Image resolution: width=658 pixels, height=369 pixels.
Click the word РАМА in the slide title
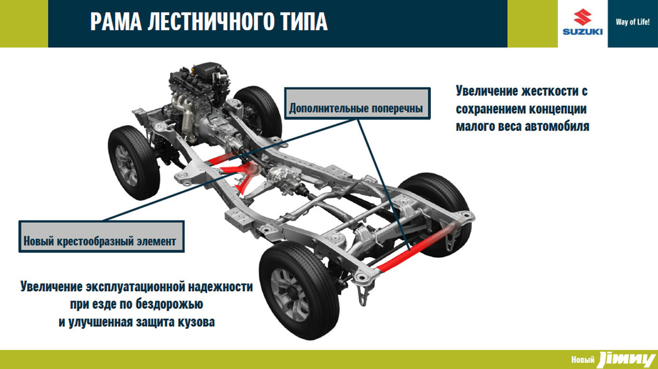tap(115, 22)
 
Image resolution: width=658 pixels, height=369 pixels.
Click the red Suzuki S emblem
tap(583, 17)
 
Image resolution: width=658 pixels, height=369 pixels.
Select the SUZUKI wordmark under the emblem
tap(583, 32)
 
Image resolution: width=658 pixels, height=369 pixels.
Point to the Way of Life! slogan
tap(632, 22)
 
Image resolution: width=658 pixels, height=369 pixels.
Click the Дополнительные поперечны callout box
tap(357, 103)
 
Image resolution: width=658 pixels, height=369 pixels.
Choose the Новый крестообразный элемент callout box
tap(101, 236)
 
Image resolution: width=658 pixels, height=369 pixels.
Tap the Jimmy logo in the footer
tap(627, 360)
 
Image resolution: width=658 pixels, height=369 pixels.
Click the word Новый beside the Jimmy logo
tap(583, 360)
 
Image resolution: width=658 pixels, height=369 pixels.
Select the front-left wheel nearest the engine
tap(133, 163)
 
